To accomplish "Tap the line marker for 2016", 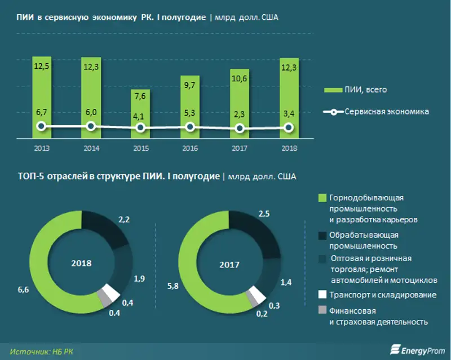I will (x=190, y=128).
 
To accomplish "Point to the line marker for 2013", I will (x=41, y=126).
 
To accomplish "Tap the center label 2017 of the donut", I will (x=229, y=264).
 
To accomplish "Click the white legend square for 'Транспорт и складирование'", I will (x=322, y=295).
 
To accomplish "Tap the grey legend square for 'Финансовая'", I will (x=322, y=310).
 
